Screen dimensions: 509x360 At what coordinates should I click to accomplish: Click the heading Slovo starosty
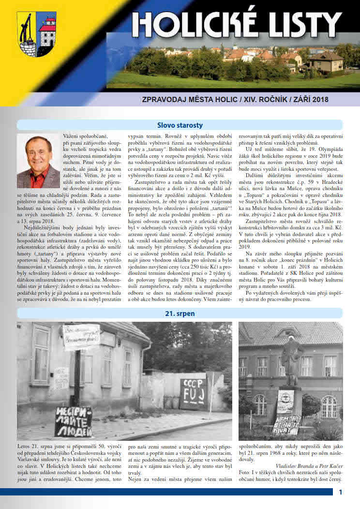[180, 125]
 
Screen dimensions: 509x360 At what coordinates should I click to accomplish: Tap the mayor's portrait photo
[38, 161]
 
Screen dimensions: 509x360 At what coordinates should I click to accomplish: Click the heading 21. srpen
[180, 314]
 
